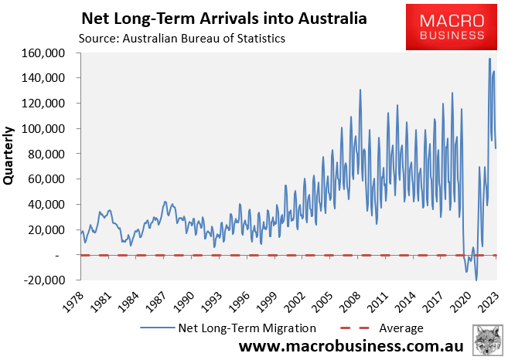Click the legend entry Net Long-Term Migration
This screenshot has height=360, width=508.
tap(229, 328)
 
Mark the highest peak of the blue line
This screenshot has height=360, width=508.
tap(489, 59)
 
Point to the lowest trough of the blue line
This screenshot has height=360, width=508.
tap(476, 280)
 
